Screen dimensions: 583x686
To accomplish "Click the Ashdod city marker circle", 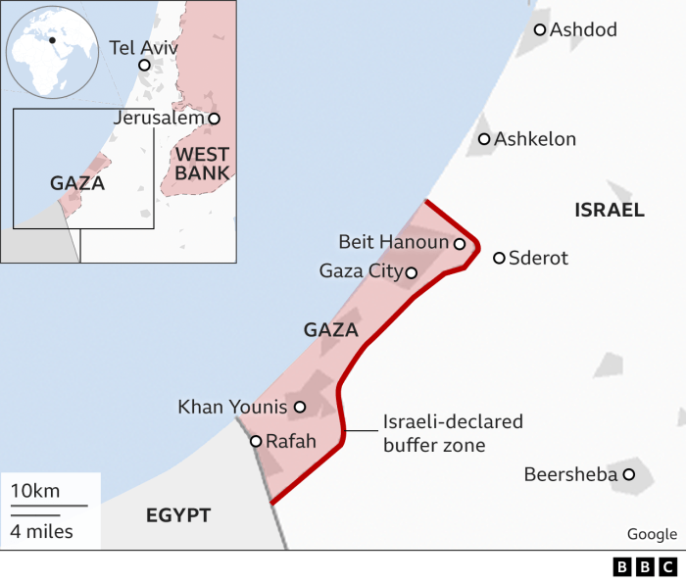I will click(x=539, y=29).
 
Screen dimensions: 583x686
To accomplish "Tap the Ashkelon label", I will click(x=535, y=139).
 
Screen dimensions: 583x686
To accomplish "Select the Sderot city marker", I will click(x=499, y=258).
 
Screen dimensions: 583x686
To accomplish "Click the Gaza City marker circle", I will click(x=411, y=273).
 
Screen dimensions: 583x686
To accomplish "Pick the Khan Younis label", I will click(x=232, y=407).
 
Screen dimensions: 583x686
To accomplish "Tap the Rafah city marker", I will click(x=256, y=442).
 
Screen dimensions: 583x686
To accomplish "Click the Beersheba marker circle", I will click(x=629, y=475).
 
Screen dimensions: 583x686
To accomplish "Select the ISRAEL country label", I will click(x=610, y=210).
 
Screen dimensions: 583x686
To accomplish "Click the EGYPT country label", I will click(x=178, y=515).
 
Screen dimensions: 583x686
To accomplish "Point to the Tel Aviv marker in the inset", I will click(x=144, y=66).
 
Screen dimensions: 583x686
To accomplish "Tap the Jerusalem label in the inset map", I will click(x=160, y=118).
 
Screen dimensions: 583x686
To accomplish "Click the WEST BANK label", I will click(x=203, y=164).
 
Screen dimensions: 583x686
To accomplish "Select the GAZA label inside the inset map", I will click(x=76, y=183).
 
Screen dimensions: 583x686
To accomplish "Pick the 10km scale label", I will click(x=35, y=490).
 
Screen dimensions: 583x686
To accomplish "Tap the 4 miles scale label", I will click(x=41, y=532).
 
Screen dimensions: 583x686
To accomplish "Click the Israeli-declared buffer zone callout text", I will click(x=453, y=433).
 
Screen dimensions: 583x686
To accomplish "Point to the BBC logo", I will click(x=645, y=566).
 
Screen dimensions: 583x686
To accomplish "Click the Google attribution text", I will click(x=652, y=534).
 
